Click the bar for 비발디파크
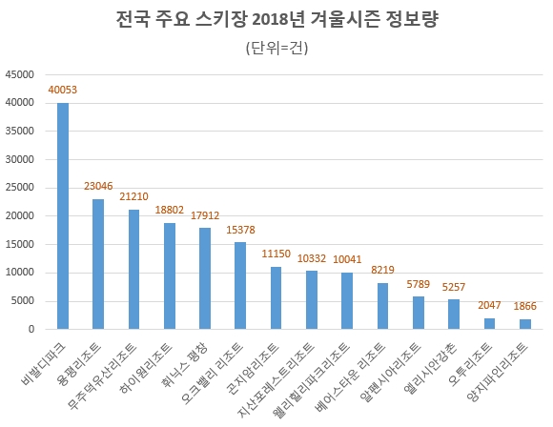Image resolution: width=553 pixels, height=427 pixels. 63,216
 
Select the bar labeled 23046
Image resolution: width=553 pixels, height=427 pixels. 98,264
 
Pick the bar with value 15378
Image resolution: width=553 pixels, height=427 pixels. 240,286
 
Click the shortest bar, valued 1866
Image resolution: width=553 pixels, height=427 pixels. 523,324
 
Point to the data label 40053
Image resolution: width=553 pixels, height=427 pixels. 63,91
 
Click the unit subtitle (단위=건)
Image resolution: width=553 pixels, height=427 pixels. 276,48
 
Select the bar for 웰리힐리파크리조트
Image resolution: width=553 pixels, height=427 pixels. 347,301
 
